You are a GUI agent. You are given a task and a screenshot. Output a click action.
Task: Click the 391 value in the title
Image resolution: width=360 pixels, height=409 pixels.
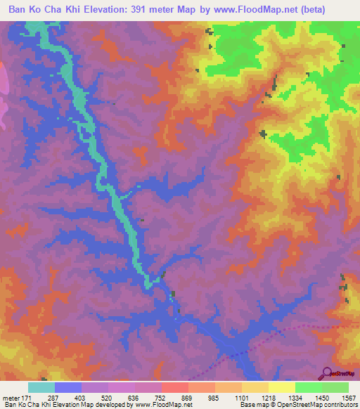pyautogui.click(x=153, y=9)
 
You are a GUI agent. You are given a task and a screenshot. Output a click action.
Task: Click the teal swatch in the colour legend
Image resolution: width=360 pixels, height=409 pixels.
pyautogui.click(x=41, y=387)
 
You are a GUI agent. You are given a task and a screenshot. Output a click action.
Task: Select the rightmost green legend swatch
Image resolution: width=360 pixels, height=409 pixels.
pyautogui.click(x=335, y=387)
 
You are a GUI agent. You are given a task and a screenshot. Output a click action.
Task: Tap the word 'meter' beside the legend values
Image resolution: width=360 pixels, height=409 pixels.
pyautogui.click(x=12, y=398)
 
